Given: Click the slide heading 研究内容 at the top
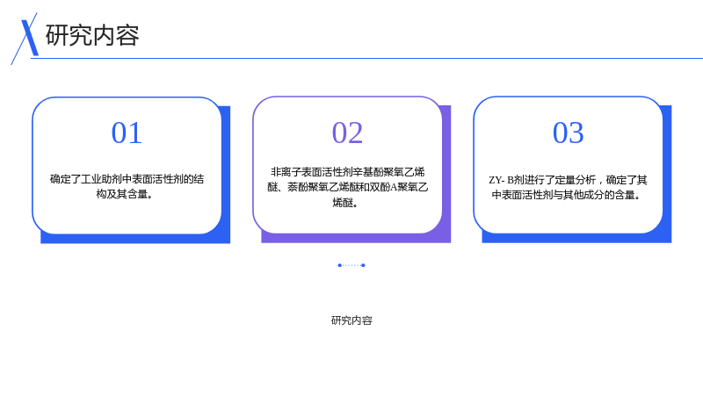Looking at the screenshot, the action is (92, 35).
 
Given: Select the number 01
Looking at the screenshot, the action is (127, 133).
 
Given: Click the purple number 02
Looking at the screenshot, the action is (347, 133).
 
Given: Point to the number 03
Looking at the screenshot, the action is (568, 133).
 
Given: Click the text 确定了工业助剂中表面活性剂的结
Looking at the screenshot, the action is (127, 179).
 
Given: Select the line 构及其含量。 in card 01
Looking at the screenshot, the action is (125, 194).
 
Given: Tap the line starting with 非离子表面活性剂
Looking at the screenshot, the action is (347, 172).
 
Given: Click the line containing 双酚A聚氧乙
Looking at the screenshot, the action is (347, 187).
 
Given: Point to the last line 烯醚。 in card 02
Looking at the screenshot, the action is (345, 203).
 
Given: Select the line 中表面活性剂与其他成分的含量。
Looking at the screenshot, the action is (566, 195).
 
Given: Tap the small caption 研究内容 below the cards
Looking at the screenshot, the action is (352, 320).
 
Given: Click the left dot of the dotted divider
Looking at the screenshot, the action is (339, 265).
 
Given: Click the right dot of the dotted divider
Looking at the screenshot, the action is (363, 265).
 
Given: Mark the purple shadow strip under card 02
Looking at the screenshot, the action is (356, 238).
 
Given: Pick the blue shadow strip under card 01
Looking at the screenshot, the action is (135, 239).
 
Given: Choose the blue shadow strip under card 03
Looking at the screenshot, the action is (576, 238).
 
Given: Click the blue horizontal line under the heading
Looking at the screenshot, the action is (366, 58).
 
